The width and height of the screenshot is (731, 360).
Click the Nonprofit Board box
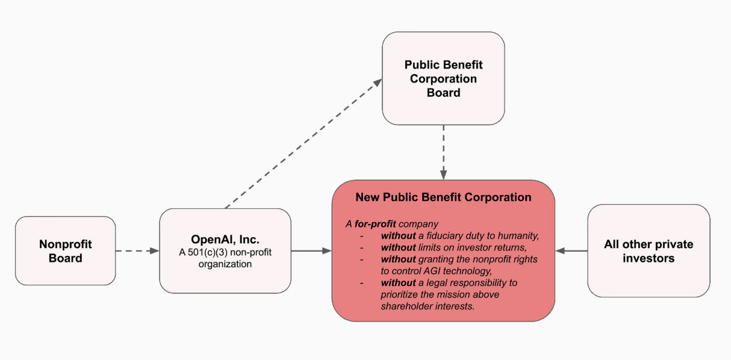coord(65,250)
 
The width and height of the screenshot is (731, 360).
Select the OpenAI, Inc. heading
coord(225,240)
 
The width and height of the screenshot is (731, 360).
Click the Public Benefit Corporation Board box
coord(443,78)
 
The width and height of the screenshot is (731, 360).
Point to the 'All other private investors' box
coord(649,251)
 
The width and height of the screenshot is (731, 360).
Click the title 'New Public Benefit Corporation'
coord(443,197)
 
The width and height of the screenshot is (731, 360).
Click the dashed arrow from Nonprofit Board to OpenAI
coord(137,250)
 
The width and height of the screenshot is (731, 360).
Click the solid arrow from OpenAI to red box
coord(312,250)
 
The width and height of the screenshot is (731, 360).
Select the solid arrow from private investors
coord(571,250)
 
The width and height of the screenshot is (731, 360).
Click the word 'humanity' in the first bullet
coord(518,236)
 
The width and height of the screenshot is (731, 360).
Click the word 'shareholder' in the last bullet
coord(408,306)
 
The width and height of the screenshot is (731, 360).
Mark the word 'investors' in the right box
coord(648,258)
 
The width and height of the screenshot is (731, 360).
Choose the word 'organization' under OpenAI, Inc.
coord(225,264)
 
